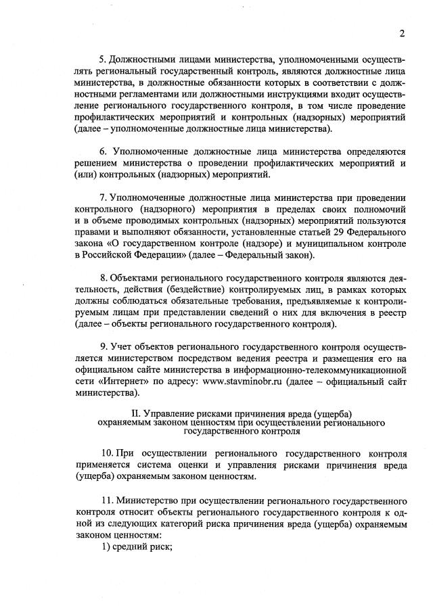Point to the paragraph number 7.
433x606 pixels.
(x=103, y=198)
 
